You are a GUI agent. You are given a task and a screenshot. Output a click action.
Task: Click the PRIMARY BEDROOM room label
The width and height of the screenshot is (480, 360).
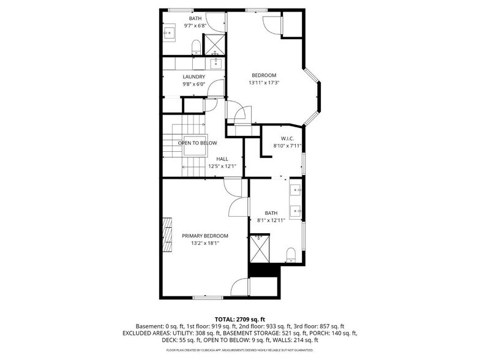(204, 236)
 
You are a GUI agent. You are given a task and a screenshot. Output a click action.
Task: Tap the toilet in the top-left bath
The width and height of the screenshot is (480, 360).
(196, 48)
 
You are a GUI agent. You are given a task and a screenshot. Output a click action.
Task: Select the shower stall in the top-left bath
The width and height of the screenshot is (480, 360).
(214, 45)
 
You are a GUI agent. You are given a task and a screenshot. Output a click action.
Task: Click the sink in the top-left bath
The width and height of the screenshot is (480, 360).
(169, 32)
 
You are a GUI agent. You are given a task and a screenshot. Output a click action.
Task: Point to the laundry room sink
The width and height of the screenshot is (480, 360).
(216, 64)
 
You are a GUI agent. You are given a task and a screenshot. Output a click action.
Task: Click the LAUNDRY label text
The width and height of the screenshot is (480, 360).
(193, 77)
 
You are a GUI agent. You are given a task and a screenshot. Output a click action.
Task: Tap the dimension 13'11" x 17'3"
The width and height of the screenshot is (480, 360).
(264, 83)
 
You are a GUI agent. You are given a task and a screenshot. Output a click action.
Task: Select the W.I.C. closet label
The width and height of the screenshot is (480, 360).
(288, 138)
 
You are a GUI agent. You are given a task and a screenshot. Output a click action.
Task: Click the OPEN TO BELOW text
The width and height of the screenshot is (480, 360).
(197, 143)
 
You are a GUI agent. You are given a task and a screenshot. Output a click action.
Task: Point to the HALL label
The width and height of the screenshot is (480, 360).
(222, 159)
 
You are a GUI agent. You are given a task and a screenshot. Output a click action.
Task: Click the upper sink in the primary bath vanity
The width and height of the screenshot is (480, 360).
(296, 190)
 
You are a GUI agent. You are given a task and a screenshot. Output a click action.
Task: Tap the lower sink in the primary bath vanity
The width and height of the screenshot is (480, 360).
(296, 211)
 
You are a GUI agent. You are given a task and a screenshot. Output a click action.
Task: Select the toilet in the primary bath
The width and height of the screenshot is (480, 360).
(290, 255)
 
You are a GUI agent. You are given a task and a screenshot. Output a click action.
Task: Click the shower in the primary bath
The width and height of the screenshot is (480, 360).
(260, 249)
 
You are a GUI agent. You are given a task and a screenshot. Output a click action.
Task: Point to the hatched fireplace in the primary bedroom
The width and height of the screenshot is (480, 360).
(167, 234)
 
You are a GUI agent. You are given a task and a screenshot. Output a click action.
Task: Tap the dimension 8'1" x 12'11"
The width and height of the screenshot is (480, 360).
(271, 220)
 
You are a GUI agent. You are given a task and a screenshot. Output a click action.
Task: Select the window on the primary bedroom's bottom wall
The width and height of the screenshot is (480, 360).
(208, 298)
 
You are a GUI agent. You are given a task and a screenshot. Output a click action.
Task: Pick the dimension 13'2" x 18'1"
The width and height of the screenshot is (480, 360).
(205, 244)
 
